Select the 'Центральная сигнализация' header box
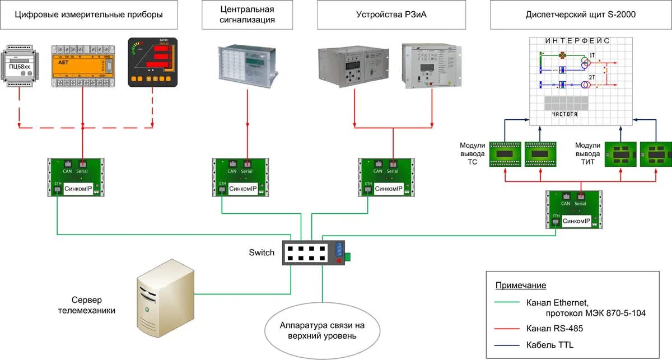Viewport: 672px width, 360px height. tap(247, 15)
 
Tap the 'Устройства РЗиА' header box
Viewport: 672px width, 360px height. tap(391, 15)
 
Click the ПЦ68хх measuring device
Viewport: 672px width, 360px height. tap(23, 66)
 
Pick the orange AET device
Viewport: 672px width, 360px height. tap(83, 66)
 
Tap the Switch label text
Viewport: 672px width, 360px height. tap(262, 253)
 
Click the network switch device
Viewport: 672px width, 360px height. tap(314, 253)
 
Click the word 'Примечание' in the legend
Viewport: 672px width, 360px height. tap(520, 286)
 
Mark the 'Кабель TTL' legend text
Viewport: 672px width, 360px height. tap(550, 345)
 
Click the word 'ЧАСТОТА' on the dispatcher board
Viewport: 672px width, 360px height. tap(564, 114)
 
